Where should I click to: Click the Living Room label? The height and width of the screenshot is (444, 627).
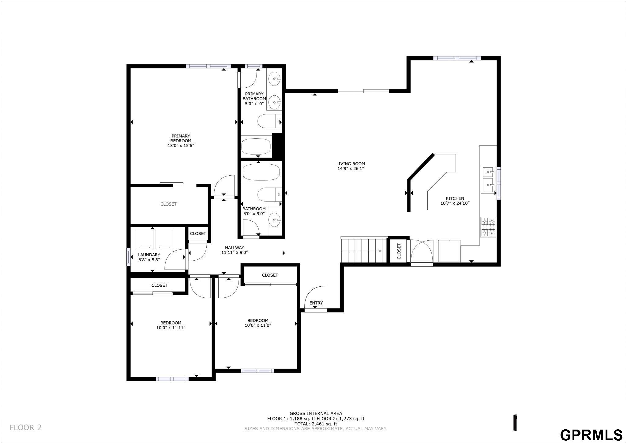coord(351,164)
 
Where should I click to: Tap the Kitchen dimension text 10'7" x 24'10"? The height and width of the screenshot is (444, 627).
coord(455,203)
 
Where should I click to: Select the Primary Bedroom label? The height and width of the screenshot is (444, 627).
coord(181,138)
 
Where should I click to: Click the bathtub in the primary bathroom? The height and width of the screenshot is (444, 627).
coord(256,147)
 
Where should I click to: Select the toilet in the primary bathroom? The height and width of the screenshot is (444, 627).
coord(269,121)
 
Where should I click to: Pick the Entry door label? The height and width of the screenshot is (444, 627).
coord(316,303)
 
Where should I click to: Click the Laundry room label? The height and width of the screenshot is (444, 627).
coord(149,255)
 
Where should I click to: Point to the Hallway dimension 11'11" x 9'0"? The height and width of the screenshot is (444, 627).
coord(235,252)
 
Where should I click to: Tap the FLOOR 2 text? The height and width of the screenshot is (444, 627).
coord(26,427)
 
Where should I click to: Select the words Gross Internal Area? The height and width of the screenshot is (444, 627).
coord(316,413)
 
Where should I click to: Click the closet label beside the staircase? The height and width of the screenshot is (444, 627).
coord(399,251)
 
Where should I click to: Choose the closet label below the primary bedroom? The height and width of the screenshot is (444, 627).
coord(168,204)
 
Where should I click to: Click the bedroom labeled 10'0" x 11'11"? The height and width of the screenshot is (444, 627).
coord(171,325)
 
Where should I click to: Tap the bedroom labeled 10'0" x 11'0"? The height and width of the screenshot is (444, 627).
coord(258,323)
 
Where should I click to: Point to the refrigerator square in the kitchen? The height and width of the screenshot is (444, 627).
coord(449,251)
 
